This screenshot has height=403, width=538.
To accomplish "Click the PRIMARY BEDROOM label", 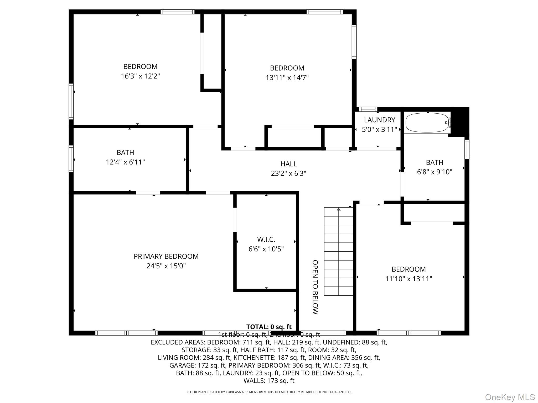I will [166, 256].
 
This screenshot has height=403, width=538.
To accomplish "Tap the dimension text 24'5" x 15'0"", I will [166, 266].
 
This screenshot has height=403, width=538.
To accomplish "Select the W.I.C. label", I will [266, 239].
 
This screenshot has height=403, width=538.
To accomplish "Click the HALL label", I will [288, 164].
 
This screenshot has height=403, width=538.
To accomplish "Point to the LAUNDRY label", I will [379, 120].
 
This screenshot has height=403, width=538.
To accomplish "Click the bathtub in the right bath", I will [427, 123].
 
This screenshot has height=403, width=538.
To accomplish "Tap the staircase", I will [338, 251].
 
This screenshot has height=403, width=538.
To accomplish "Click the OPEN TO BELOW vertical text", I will [315, 287].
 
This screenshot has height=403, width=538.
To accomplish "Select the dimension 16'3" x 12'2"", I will [140, 76].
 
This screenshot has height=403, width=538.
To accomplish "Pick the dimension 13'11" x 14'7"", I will [287, 78].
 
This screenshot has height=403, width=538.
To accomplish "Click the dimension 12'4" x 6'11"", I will [125, 162].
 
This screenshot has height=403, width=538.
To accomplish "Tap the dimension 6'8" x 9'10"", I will [434, 172].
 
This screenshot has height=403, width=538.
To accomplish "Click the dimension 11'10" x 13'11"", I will [408, 279].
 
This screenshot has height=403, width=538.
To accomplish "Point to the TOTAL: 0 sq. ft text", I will [269, 327].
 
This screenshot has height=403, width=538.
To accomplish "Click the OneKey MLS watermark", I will [510, 397].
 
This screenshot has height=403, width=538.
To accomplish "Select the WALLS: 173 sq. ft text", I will [269, 381].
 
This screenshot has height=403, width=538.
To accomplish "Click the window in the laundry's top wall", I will [368, 109].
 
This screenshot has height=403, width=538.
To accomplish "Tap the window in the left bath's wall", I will [71, 159].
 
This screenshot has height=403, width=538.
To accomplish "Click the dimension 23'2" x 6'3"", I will [288, 173].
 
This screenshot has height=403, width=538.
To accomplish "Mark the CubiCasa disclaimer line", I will [269, 392].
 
